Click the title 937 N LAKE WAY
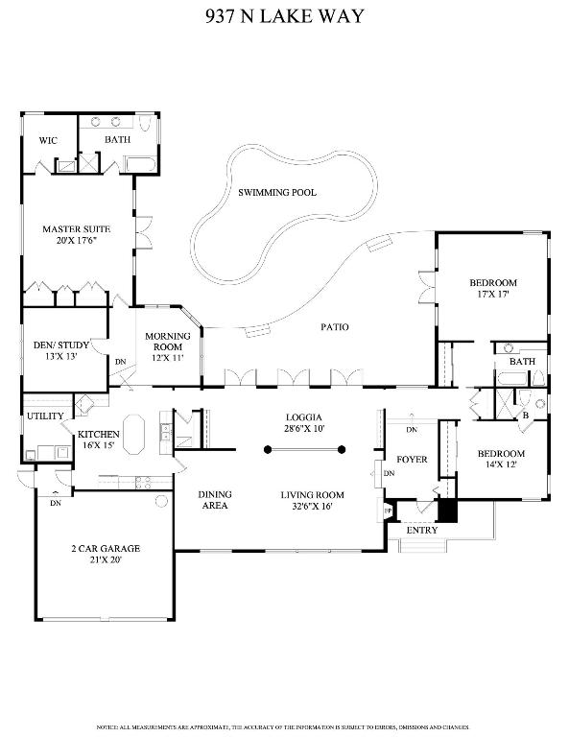pyautogui.click(x=285, y=16)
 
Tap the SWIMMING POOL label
pyautogui.click(x=277, y=193)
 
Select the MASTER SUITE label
pyautogui.click(x=76, y=229)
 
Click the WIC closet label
pyautogui.click(x=48, y=141)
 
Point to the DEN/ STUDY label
pyautogui.click(x=56, y=344)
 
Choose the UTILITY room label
pyautogui.click(x=45, y=416)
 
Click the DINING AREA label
pyautogui.click(x=215, y=500)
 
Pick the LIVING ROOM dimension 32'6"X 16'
pyautogui.click(x=312, y=507)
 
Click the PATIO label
pyautogui.click(x=334, y=327)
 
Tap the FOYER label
pyautogui.click(x=412, y=460)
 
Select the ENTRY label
pyautogui.click(x=422, y=531)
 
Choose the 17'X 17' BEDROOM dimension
pyautogui.click(x=493, y=295)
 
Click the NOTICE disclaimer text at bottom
pyautogui.click(x=285, y=725)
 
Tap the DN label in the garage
pyautogui.click(x=55, y=503)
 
